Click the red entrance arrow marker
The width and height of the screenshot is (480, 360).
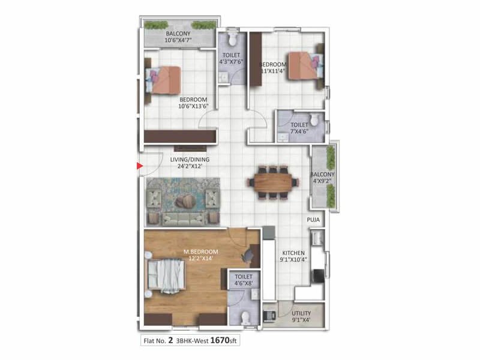pos(139,165)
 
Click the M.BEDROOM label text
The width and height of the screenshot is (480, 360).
pos(200,254)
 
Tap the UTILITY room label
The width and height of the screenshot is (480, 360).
pos(302,317)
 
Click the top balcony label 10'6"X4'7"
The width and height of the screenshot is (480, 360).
pos(179,37)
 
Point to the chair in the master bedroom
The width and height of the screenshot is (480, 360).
pos(248,256)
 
